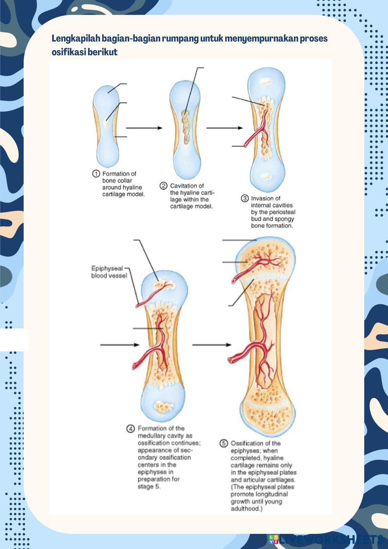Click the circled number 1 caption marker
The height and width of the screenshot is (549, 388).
(x=96, y=174)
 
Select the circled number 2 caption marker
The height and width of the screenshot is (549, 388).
(x=163, y=186)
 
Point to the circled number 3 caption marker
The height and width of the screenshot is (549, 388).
(x=245, y=198)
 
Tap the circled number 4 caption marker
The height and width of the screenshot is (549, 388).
(x=131, y=429)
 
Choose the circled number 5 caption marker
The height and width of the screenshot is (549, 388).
(x=224, y=443)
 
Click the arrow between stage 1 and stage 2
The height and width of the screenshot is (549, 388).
(x=144, y=128)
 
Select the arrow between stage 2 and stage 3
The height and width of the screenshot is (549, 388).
(x=224, y=128)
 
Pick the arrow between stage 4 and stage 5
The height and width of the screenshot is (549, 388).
(x=211, y=345)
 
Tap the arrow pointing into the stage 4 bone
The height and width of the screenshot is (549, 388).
(x=120, y=345)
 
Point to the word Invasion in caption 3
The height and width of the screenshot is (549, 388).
(x=265, y=198)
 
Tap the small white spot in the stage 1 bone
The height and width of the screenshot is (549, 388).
(x=106, y=123)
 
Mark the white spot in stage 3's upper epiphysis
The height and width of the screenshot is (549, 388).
(x=267, y=82)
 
